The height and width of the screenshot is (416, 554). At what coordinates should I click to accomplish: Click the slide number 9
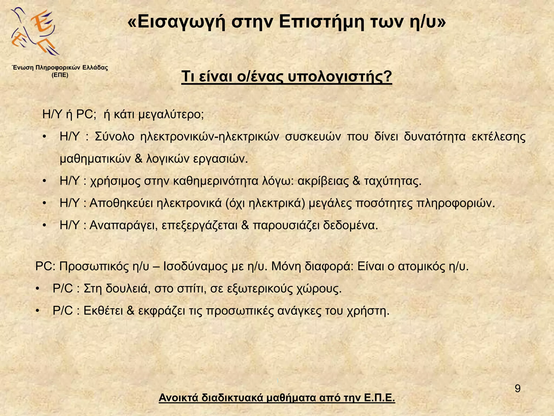click(x=517, y=389)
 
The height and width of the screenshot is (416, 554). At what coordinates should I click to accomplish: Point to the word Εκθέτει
click(x=103, y=311)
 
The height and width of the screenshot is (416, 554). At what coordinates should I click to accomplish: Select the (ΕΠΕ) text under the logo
click(x=60, y=75)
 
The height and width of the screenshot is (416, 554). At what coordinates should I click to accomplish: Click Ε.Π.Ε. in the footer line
click(x=380, y=398)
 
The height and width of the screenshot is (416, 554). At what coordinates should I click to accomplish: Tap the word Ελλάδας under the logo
click(x=95, y=68)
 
